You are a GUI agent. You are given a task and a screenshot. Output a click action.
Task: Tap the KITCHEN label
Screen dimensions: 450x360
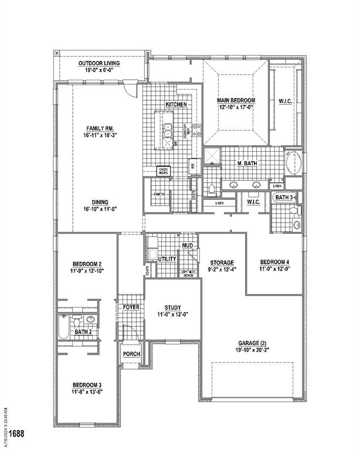click(x=176, y=104)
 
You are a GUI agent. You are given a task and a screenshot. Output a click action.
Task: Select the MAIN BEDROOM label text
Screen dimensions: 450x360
click(x=236, y=100)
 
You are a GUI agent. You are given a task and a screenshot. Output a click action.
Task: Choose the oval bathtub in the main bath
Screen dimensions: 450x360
click(x=294, y=162)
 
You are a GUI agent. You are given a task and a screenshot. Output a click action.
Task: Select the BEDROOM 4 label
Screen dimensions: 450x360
click(x=274, y=261)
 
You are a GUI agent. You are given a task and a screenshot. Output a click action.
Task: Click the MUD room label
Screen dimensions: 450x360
click(x=188, y=246)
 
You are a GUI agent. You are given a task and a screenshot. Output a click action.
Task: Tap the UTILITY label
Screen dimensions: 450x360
click(x=168, y=258)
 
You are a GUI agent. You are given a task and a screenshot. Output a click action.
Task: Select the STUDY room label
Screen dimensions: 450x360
click(x=172, y=307)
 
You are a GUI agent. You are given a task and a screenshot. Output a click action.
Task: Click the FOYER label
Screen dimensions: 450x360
click(x=130, y=307)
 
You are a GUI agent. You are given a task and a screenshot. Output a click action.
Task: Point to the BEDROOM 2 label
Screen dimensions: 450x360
click(x=87, y=264)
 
